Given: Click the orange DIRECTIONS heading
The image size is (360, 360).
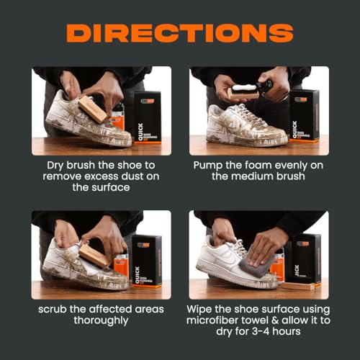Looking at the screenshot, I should tap(180, 33).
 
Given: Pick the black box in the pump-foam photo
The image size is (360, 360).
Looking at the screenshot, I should tap(305, 114).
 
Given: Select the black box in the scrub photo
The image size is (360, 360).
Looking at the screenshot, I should tap(147, 259).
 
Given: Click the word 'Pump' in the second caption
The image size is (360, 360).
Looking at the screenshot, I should tap(209, 164).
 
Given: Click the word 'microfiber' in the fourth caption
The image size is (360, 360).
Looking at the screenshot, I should tap(226, 321).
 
